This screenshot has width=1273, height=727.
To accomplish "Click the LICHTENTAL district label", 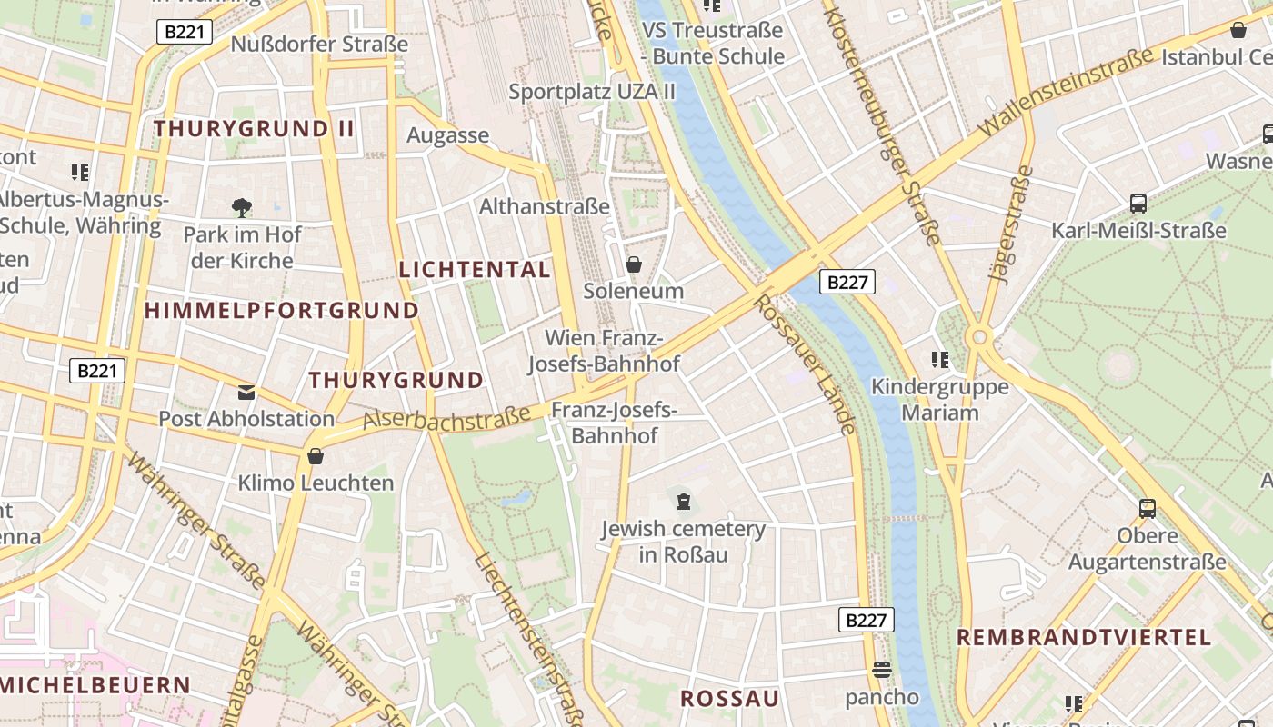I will click(x=475, y=270).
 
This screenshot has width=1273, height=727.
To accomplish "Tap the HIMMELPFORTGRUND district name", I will click(x=281, y=311).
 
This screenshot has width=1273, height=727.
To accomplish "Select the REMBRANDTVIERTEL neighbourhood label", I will click(x=1084, y=637).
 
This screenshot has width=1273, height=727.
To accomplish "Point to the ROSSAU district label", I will click(x=730, y=699).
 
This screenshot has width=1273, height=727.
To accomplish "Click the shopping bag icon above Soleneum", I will click(x=634, y=264).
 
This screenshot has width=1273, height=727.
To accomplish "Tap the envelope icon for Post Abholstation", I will click(x=246, y=393).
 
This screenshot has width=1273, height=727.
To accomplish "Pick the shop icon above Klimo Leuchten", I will click(x=316, y=456).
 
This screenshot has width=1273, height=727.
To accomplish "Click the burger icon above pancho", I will click(x=881, y=671).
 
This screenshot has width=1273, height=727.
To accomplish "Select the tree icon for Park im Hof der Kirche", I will click(x=242, y=208).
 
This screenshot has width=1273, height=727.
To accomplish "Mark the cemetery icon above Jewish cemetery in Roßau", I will click(x=683, y=500).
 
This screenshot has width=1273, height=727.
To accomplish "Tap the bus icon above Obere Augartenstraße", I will click(x=1148, y=509).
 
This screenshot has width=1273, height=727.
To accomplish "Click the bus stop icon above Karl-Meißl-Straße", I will click(x=1138, y=204).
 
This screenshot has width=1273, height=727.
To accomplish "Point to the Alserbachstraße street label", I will click(x=446, y=419).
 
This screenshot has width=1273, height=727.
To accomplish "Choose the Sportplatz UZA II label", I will click(x=592, y=92).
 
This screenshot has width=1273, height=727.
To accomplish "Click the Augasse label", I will click(x=447, y=136).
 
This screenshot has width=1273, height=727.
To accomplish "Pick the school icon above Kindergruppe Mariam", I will click(x=940, y=360).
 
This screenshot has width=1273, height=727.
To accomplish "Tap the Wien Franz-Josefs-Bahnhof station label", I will click(x=604, y=352).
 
